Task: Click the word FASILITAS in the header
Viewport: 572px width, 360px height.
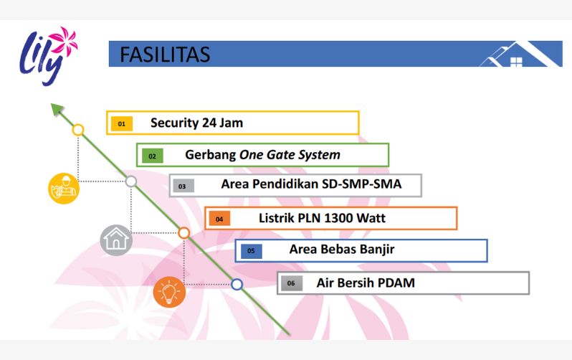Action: [x=165, y=55]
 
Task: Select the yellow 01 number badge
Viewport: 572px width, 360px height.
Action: [x=121, y=124]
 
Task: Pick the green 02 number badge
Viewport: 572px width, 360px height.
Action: [x=152, y=156]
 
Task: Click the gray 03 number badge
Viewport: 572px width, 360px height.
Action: [x=183, y=186]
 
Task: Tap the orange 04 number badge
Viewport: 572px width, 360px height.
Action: [x=219, y=219]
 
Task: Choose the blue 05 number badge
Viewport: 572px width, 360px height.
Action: [x=251, y=251]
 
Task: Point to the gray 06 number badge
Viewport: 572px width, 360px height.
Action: [x=292, y=283]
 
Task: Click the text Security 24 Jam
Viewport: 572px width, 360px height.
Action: [x=196, y=123]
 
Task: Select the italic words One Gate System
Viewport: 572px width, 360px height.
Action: [x=290, y=155]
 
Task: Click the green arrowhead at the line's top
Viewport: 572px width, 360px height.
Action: [x=57, y=109]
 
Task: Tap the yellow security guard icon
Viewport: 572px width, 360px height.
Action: [x=64, y=189]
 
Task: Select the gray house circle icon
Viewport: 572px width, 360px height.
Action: [x=116, y=240]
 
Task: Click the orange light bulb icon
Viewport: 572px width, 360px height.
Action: [x=169, y=292]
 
